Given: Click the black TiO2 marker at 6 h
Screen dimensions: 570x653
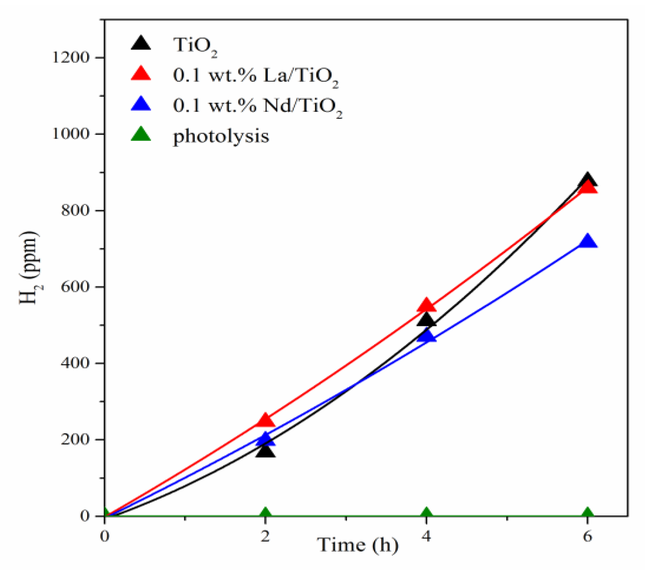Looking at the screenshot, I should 587,179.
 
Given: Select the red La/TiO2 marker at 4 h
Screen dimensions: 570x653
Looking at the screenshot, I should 426,305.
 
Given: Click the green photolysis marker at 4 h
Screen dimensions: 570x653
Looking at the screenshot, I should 426,513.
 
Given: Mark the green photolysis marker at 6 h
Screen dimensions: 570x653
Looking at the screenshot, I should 587,513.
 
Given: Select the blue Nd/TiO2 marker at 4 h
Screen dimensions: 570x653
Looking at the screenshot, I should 427,336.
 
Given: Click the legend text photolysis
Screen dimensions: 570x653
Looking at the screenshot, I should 221,136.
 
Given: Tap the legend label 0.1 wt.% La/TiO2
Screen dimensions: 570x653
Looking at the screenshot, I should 255,76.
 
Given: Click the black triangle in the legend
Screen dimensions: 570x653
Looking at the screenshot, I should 141,43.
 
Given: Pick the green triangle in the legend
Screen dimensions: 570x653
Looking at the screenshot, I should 141,134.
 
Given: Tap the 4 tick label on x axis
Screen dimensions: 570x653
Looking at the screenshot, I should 426,536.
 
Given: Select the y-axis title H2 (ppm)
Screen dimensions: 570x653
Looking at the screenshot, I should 29,268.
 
